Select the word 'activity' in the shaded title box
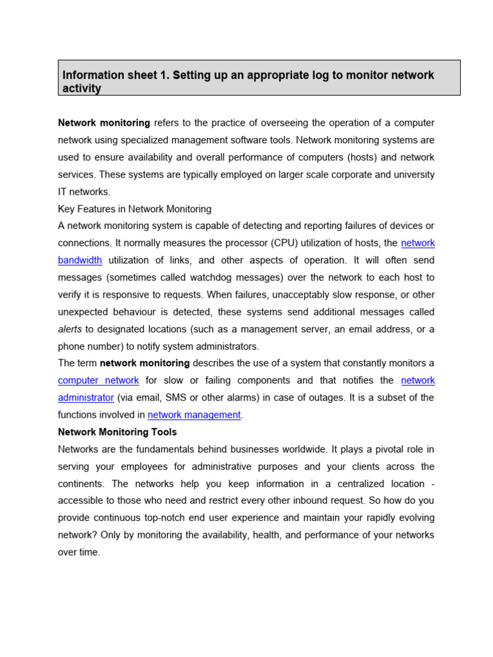pyautogui.click(x=82, y=89)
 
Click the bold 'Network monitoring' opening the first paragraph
pyautogui.click(x=104, y=123)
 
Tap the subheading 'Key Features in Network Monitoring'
pyautogui.click(x=134, y=209)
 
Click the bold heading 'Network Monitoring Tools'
pyautogui.click(x=117, y=432)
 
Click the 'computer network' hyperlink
pyautogui.click(x=98, y=380)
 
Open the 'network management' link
pyautogui.click(x=194, y=415)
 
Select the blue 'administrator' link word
pyautogui.click(x=86, y=398)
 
